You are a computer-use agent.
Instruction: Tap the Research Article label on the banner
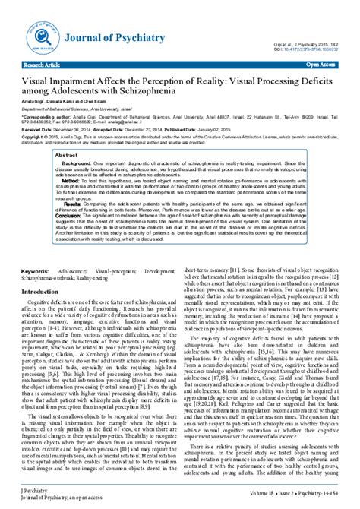tap(45, 66)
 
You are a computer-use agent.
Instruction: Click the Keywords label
tap(36, 249)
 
